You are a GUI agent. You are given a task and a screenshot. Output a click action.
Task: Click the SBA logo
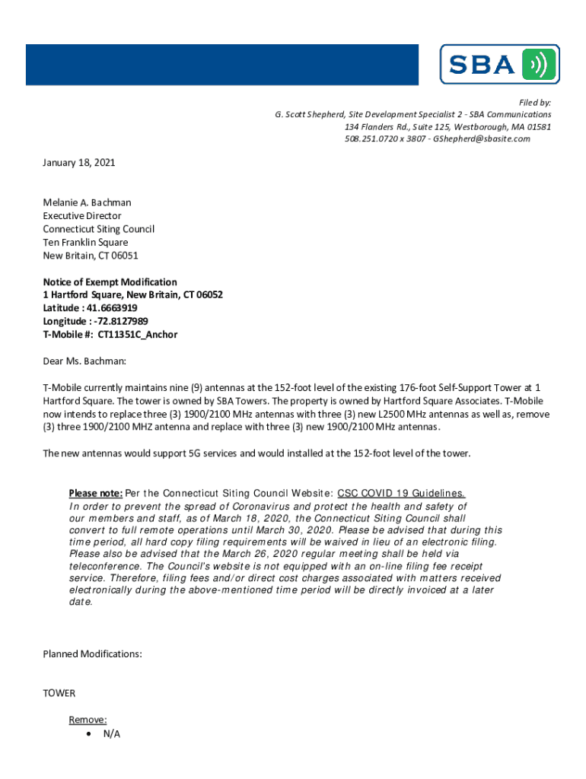point(499,65)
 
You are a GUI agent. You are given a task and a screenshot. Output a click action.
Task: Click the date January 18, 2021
point(78,163)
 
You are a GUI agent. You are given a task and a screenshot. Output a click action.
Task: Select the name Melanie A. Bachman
point(87,202)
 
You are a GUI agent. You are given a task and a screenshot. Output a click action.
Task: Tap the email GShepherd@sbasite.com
point(481,138)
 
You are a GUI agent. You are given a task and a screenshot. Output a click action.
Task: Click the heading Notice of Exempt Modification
point(110,282)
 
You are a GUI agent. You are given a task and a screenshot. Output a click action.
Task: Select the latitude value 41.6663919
point(112,308)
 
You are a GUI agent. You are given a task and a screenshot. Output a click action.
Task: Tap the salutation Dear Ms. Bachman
point(84,361)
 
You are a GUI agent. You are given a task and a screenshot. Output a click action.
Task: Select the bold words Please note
point(95,492)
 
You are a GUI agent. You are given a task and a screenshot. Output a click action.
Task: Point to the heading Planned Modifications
point(92,654)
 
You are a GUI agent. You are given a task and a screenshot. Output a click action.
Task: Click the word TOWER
point(59,693)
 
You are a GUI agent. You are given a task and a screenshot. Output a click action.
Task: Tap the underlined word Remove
point(88,720)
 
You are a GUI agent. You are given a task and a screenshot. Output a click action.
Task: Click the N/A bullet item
point(111,733)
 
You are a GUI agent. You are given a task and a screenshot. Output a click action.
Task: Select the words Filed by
point(535,102)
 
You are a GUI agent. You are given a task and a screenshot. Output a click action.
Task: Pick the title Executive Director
point(81,216)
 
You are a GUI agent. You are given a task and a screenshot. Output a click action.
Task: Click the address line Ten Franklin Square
point(85,243)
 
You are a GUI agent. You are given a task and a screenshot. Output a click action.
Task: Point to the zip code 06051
point(123,256)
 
